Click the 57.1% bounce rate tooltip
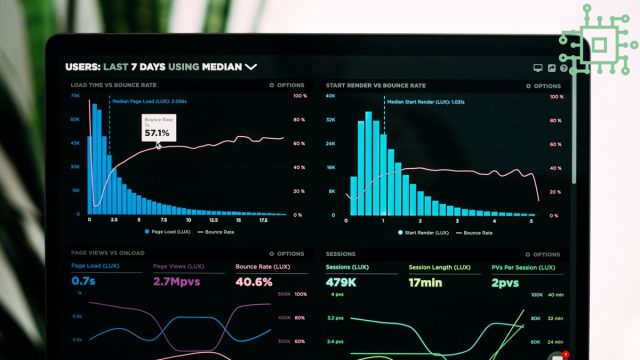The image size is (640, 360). (157, 129)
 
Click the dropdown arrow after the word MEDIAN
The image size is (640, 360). (251, 67)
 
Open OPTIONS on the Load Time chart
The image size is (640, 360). (287, 86)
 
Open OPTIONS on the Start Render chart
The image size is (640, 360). (543, 86)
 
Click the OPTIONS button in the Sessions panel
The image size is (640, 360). (543, 254)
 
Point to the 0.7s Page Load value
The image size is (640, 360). (83, 282)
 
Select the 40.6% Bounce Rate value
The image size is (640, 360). (254, 282)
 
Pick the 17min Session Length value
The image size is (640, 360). (426, 282)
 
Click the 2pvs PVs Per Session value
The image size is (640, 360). (505, 282)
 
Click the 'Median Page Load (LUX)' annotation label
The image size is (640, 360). (150, 102)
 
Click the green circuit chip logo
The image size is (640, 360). (600, 43)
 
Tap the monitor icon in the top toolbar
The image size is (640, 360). (537, 68)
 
